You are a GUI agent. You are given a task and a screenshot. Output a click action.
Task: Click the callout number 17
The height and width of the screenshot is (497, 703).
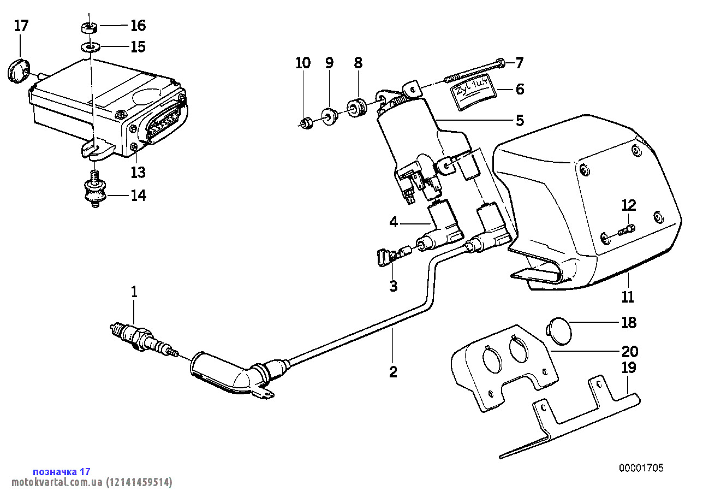pos(21,26)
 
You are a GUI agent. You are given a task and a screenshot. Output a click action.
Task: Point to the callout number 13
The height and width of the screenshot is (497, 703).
pos(138,173)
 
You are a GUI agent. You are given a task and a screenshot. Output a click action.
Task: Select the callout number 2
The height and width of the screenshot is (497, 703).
pos(393,372)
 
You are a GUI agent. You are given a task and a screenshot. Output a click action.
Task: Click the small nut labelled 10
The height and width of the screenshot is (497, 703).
pos(307,123)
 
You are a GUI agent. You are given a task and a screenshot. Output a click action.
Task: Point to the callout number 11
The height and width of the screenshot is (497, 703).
pos(628,297)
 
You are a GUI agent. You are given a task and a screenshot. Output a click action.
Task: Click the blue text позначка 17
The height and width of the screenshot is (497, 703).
pos(61,471)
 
